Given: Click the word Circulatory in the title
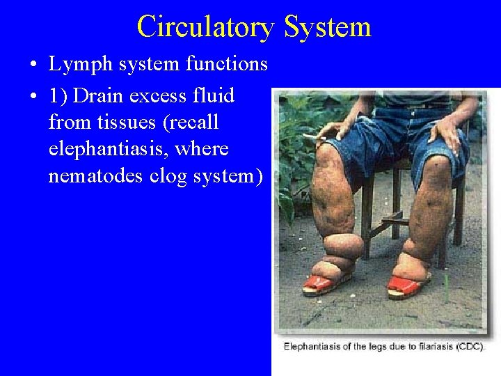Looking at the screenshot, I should tap(206, 27).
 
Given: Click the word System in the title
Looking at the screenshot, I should tap(328, 27).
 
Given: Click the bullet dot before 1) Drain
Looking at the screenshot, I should tap(33, 96).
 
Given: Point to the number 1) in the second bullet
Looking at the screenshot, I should tap(58, 95).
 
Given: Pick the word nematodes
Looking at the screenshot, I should tap(96, 176).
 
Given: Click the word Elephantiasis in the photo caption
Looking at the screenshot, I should tap(312, 346).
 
